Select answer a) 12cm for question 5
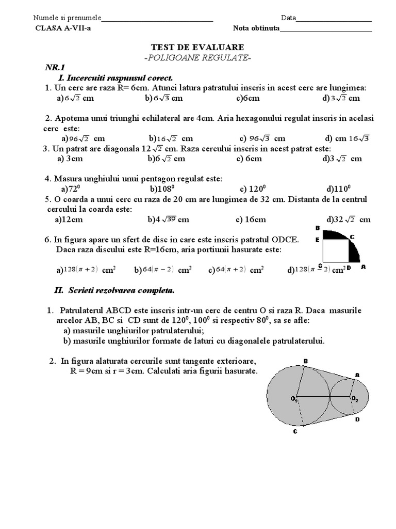[69, 220]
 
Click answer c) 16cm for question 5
[251, 220]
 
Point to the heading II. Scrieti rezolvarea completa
[114, 291]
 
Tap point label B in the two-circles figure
[305, 361]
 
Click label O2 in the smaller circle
[355, 398]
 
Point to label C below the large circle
[295, 431]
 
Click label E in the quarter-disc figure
[318, 239]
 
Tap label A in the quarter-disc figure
[363, 267]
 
